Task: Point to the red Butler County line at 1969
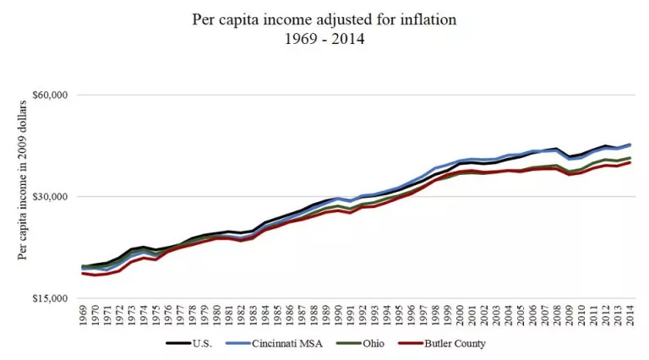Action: tap(84, 273)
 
